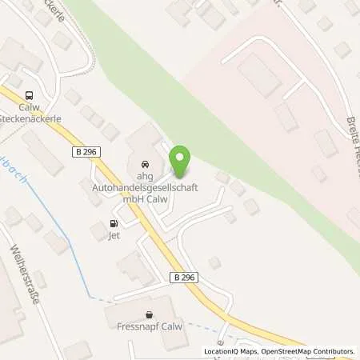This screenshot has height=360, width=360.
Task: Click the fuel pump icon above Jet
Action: coord(114,224)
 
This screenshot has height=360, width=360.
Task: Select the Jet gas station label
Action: coord(114,237)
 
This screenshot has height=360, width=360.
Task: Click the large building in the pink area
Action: coord(259,77)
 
